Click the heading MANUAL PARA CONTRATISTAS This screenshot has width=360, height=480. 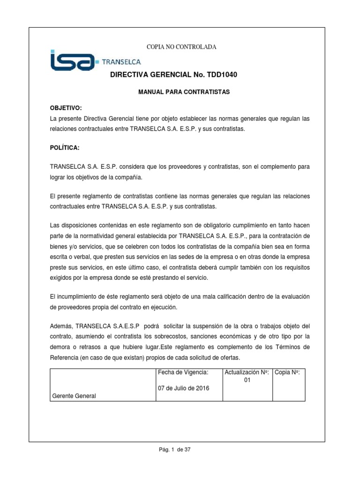184,92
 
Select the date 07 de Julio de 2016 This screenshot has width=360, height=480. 184,388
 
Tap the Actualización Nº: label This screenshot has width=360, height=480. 247,372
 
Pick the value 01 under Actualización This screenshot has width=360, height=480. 247,381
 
